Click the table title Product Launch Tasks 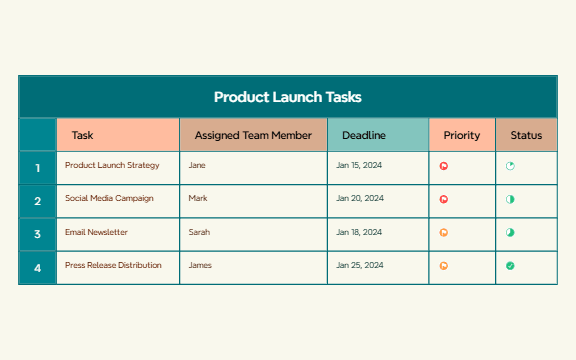(287, 97)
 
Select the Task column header (83, 135)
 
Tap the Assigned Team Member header (253, 135)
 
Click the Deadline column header (364, 135)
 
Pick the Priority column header (461, 135)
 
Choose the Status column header (526, 135)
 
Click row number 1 (38, 168)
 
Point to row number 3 (38, 234)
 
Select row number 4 (38, 268)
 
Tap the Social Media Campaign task (109, 198)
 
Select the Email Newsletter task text (96, 232)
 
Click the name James (200, 265)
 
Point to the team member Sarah (199, 232)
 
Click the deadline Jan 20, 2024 (359, 198)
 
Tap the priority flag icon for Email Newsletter (444, 233)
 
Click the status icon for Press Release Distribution (510, 266)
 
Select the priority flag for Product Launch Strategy (444, 167)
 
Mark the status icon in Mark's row (510, 200)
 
